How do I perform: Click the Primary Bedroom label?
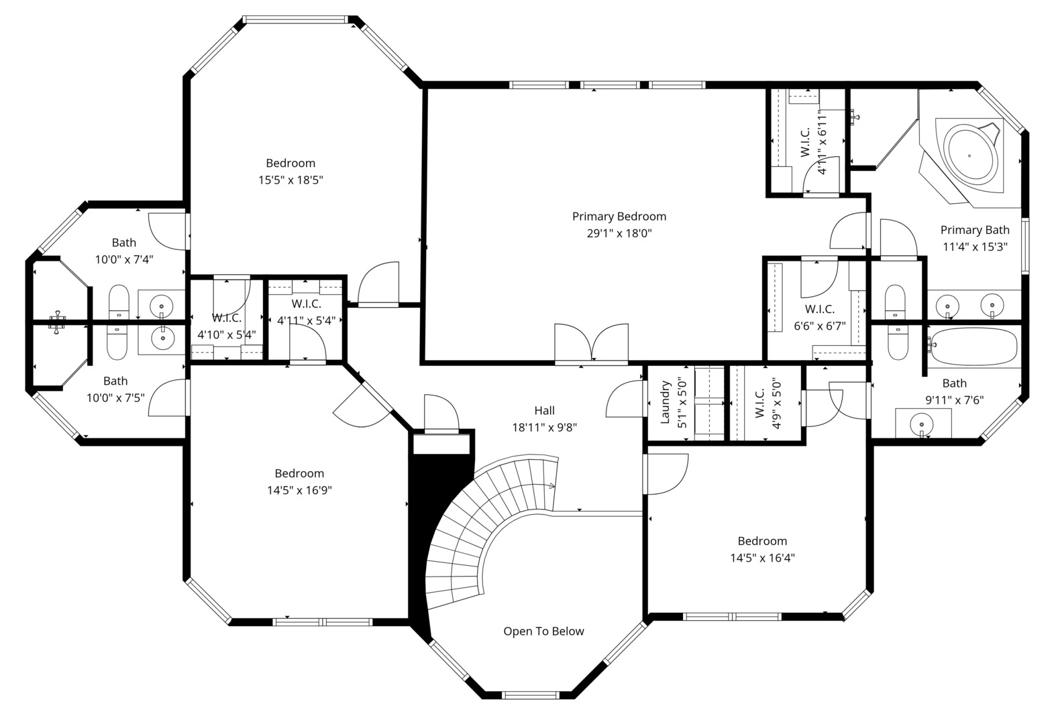click(x=619, y=217)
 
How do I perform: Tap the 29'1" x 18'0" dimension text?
click(x=619, y=233)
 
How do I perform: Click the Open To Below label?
click(x=543, y=631)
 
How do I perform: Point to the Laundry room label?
click(x=666, y=403)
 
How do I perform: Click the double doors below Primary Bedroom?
click(x=591, y=344)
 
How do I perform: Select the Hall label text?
click(x=544, y=410)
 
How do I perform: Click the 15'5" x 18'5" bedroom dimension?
click(x=291, y=180)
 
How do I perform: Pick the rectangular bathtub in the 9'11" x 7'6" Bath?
click(x=975, y=346)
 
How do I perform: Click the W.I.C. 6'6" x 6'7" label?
click(x=820, y=309)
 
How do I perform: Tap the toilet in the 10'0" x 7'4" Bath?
click(x=119, y=302)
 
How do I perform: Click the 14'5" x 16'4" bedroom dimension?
click(x=762, y=558)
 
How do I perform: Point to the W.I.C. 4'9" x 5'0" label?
click(x=760, y=403)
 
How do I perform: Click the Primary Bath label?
click(x=974, y=230)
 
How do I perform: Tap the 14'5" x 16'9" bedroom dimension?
click(x=299, y=490)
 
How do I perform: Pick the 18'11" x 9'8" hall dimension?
click(x=544, y=427)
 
